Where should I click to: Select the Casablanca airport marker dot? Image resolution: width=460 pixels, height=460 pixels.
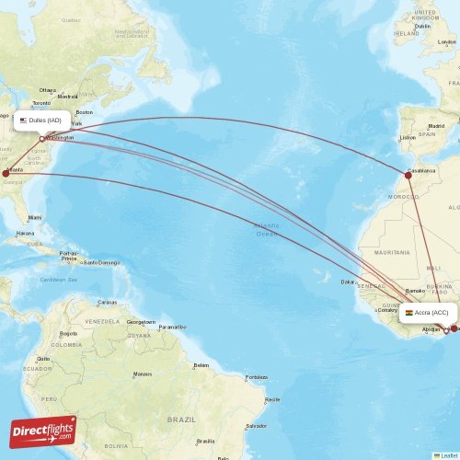[408, 175]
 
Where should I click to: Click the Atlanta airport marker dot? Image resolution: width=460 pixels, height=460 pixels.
[6, 172]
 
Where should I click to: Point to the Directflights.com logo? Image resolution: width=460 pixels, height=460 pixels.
[43, 431]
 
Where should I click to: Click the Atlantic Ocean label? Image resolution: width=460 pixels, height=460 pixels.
[267, 229]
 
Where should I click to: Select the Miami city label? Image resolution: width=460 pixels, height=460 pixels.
[35, 217]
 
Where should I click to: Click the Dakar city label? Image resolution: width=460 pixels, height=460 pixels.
[348, 282]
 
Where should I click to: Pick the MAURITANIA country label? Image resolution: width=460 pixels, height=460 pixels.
[391, 251]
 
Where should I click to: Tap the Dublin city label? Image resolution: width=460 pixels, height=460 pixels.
[422, 26]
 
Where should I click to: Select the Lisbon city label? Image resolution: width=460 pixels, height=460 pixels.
[408, 138]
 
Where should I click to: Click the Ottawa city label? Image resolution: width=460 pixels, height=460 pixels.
[47, 89]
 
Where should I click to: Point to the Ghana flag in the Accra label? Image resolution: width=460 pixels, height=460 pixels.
[408, 313]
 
